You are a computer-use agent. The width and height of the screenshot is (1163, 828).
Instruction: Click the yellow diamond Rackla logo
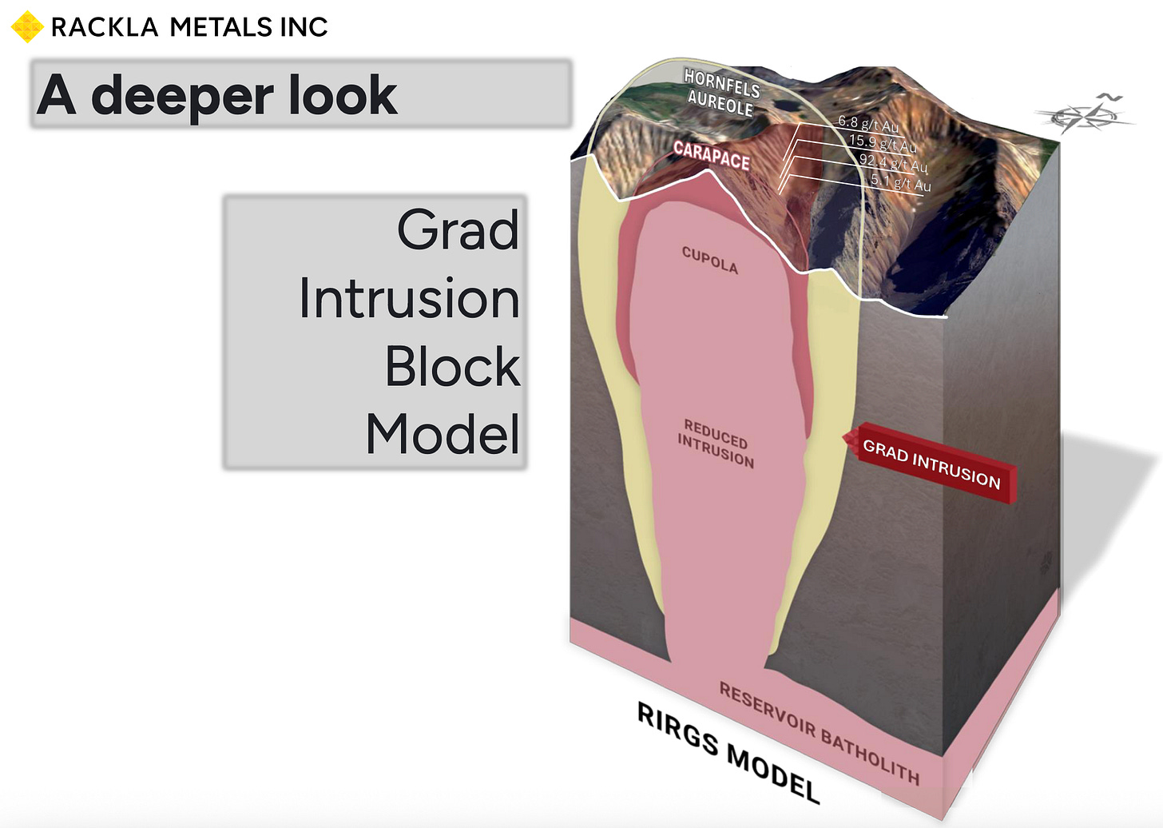click(27, 26)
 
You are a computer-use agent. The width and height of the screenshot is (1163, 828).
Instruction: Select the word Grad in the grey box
click(458, 230)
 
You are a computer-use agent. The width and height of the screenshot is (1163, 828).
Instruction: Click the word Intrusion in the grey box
click(409, 298)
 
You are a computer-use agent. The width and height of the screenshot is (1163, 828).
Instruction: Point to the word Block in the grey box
click(452, 367)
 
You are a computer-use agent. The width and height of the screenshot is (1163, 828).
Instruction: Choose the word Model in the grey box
click(443, 435)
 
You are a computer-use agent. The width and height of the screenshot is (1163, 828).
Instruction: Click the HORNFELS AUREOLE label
click(721, 93)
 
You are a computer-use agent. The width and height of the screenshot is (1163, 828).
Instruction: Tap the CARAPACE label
click(711, 155)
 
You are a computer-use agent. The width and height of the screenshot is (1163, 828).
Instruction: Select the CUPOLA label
click(709, 260)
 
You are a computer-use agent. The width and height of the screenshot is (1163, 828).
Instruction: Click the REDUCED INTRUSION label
click(716, 443)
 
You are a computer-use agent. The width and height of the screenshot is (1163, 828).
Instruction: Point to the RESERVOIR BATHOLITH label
click(820, 733)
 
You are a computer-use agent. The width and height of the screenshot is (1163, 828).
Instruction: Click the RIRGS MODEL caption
click(728, 753)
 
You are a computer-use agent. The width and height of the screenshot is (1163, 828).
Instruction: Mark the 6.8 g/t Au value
click(868, 124)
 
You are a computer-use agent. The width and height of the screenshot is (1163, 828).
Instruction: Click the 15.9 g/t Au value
click(882, 143)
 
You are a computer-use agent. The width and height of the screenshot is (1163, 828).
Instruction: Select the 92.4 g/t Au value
click(893, 163)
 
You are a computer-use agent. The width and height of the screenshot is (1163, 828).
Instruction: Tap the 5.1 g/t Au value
click(900, 183)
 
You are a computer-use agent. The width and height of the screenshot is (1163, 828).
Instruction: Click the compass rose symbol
click(1084, 117)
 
